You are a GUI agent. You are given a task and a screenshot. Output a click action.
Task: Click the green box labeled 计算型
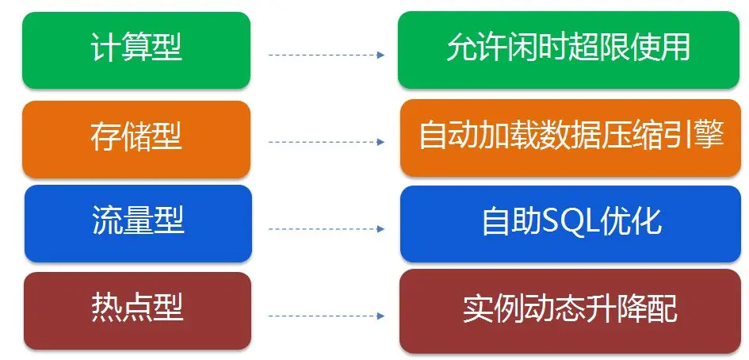coord(136,49)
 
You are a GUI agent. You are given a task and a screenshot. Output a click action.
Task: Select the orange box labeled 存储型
coord(136,138)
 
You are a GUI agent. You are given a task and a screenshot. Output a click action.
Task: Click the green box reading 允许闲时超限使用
coord(568,49)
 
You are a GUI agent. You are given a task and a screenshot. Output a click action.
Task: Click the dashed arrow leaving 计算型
coord(326,56)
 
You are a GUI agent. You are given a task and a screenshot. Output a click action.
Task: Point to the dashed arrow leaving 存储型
coord(326,143)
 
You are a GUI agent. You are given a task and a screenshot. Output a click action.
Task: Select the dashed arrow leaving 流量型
coord(326,229)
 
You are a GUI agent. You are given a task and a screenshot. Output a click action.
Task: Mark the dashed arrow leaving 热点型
coord(326,316)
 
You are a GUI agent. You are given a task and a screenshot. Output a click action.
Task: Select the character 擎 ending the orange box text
coord(709,137)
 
